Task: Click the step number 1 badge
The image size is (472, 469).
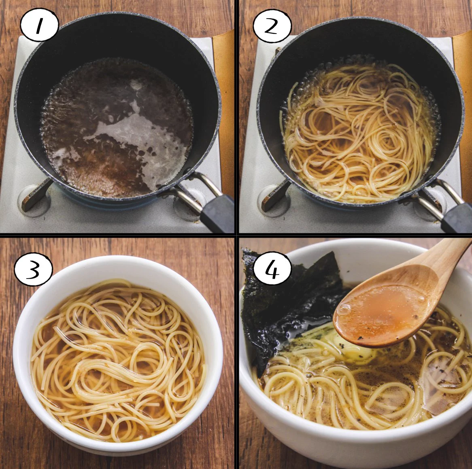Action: (39, 25)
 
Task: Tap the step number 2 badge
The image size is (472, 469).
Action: (272, 26)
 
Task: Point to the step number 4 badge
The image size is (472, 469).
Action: (272, 268)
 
